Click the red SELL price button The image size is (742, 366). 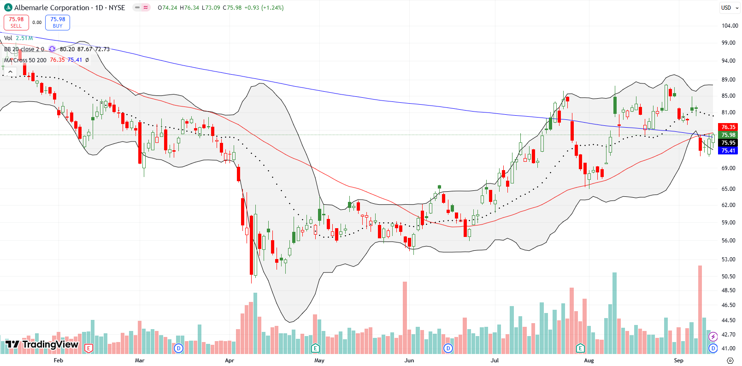[16, 22]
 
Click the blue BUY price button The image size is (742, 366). [58, 22]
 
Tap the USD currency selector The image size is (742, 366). [729, 8]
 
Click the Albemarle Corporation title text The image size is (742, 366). [52, 8]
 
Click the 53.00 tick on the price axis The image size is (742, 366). [729, 260]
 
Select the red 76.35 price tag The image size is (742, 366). [728, 127]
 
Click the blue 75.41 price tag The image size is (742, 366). [728, 151]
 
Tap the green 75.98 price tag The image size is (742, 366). [728, 135]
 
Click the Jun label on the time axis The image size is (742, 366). [409, 360]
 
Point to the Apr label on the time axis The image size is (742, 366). [230, 360]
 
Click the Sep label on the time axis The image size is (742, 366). [678, 360]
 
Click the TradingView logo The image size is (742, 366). [41, 344]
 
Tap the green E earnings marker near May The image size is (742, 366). [315, 348]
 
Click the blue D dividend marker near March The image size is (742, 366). [178, 348]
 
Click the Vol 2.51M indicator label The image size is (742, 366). [18, 38]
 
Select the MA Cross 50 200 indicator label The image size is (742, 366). [25, 60]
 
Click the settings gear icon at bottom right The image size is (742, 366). [730, 360]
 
